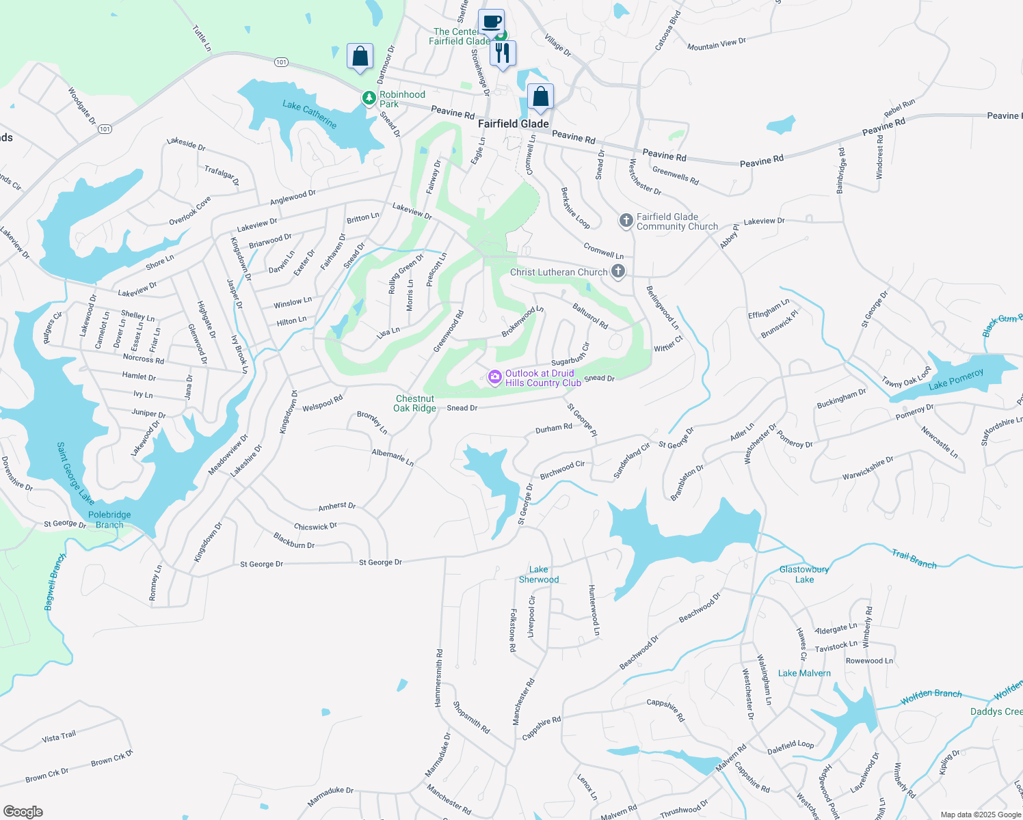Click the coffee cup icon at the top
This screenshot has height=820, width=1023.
tap(491, 21)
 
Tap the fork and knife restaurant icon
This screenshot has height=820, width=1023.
tap(503, 53)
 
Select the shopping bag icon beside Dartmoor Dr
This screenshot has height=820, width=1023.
tap(360, 56)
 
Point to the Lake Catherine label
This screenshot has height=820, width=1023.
tap(310, 114)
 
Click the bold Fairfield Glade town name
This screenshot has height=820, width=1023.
tap(513, 124)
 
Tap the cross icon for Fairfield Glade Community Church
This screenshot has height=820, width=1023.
tap(626, 221)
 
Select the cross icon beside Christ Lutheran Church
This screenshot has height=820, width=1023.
tap(617, 272)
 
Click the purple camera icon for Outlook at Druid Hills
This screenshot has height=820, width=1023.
tap(494, 377)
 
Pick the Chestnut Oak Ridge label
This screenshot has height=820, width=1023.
tap(415, 403)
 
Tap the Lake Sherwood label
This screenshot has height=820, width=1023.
tap(539, 575)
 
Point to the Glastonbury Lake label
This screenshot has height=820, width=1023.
tap(804, 574)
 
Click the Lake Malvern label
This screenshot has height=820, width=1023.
tap(804, 673)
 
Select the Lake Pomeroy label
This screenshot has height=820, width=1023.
tap(956, 380)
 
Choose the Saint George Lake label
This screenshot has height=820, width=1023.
tap(75, 474)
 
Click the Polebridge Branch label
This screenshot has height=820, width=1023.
tap(109, 520)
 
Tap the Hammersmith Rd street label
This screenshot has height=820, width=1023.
tap(439, 678)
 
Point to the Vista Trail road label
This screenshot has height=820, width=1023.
tap(59, 737)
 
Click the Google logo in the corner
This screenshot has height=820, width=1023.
tap(23, 811)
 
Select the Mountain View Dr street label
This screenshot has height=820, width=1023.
tap(716, 44)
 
